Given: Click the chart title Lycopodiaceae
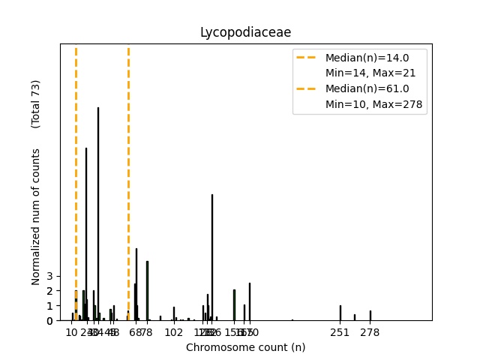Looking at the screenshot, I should coord(245,32).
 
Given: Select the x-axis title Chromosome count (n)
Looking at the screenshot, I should coord(245,347).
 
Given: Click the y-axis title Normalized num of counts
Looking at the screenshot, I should coord(36,217).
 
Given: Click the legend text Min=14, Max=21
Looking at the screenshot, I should coord(370,73).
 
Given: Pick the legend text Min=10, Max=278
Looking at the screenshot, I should coord(375,103).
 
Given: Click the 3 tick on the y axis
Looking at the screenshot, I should coord(49,275).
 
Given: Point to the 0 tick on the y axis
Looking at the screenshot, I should coord(49,321).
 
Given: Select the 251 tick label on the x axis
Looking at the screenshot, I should coord(340,332).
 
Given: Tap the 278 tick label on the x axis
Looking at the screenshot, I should coord(370,332).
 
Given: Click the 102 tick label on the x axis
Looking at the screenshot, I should coord(174,332).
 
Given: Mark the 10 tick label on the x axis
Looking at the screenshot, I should coord(71,332).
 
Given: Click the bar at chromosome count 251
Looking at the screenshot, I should coord(340,313).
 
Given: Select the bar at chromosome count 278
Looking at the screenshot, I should coord(370,316).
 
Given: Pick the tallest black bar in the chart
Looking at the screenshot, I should coord(98,214).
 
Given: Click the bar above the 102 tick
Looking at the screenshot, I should coord(174,314).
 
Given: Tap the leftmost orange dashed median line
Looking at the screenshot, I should coord(76,150).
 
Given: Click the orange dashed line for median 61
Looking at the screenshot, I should coord(128,150).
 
